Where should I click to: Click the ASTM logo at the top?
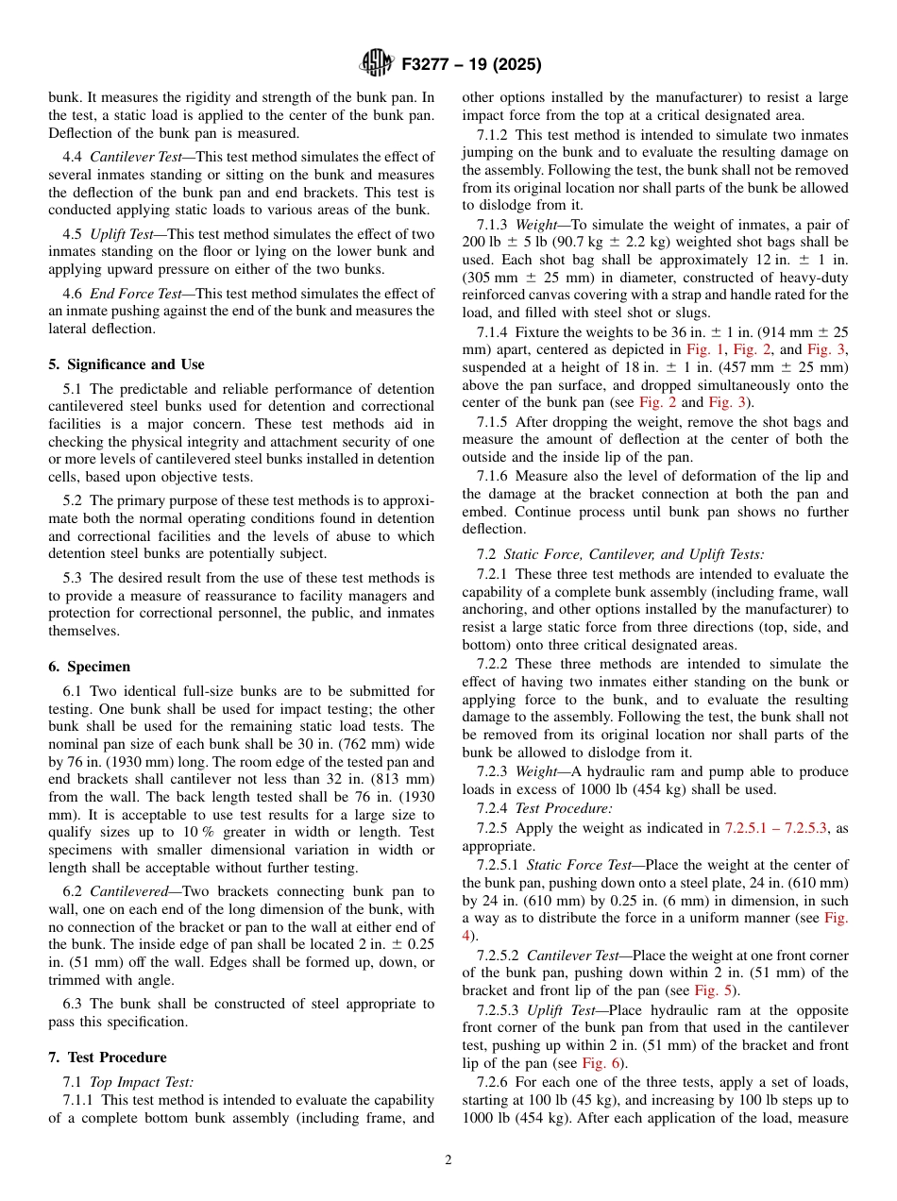tap(377, 64)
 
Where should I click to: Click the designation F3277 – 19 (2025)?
tap(471, 65)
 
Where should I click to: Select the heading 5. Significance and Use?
tap(126, 364)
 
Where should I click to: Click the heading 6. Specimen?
tap(90, 667)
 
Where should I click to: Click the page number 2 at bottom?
tap(448, 1160)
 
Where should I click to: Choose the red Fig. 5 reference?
tap(711, 990)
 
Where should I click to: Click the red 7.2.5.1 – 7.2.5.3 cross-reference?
tap(775, 828)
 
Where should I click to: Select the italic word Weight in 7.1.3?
tap(535, 225)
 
